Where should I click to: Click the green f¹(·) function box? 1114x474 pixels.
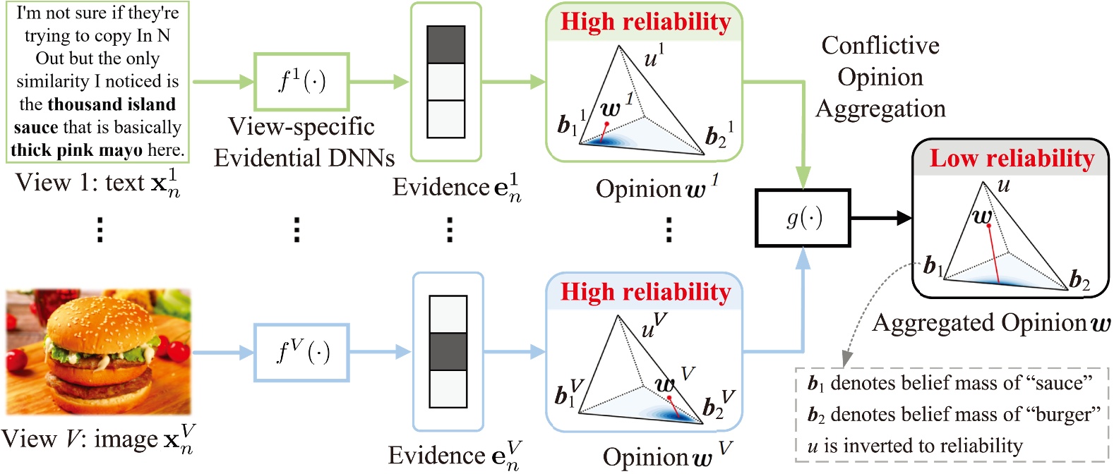[301, 82]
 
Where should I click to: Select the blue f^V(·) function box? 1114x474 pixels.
[301, 352]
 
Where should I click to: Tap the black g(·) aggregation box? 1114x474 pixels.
[803, 218]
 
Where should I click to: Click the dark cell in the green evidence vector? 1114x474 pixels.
[445, 45]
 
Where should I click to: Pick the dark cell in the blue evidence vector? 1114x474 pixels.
[448, 351]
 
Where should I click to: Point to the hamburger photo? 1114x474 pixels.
[99, 351]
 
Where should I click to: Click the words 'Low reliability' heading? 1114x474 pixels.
[1011, 159]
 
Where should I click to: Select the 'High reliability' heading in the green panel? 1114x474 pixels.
[645, 22]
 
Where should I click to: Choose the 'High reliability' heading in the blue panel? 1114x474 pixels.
[645, 292]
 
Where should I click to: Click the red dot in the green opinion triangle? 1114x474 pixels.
[606, 124]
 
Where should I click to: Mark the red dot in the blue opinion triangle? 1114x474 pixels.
[669, 398]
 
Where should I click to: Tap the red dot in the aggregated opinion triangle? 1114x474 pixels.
[988, 226]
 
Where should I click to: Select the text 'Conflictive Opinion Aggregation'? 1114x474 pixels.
[880, 77]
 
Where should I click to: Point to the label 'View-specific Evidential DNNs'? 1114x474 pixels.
[304, 142]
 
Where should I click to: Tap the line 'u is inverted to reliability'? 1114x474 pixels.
[915, 446]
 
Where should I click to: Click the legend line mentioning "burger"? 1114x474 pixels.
[953, 415]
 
